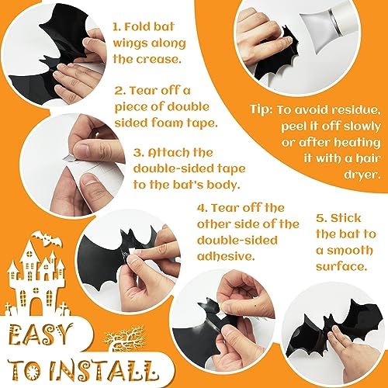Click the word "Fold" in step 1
[x=137, y=27]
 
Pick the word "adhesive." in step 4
[x=225, y=256]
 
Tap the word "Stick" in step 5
[x=346, y=218]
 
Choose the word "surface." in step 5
[x=341, y=266]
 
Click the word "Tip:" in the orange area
[x=262, y=109]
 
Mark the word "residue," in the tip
[x=356, y=110]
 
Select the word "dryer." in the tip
[x=362, y=175]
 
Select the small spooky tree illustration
[x=124, y=338]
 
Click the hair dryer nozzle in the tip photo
[x=320, y=33]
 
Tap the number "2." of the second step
[x=120, y=91]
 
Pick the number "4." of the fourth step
[x=203, y=208]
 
